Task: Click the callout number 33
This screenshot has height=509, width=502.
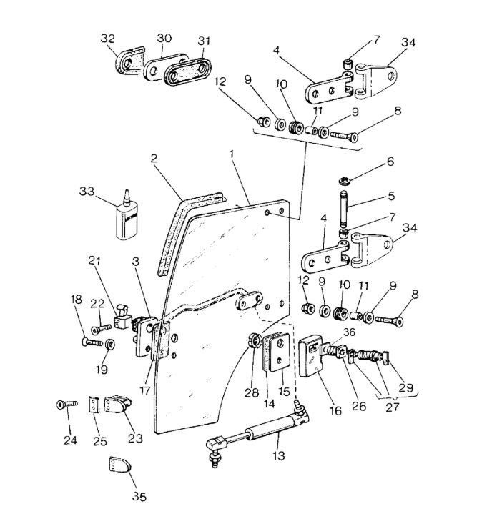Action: coord(87,192)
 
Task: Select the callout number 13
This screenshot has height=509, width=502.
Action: coord(277,455)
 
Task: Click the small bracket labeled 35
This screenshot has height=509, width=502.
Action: coord(119,468)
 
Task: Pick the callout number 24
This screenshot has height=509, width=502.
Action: coord(69,440)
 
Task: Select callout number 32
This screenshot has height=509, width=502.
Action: coord(108,39)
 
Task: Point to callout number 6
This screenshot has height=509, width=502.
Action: coord(390,162)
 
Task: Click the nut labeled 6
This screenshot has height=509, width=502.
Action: coord(345,179)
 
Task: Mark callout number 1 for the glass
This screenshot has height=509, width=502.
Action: coord(231,154)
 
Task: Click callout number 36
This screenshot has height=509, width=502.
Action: coord(350,331)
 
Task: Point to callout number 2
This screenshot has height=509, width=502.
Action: coord(154,159)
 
